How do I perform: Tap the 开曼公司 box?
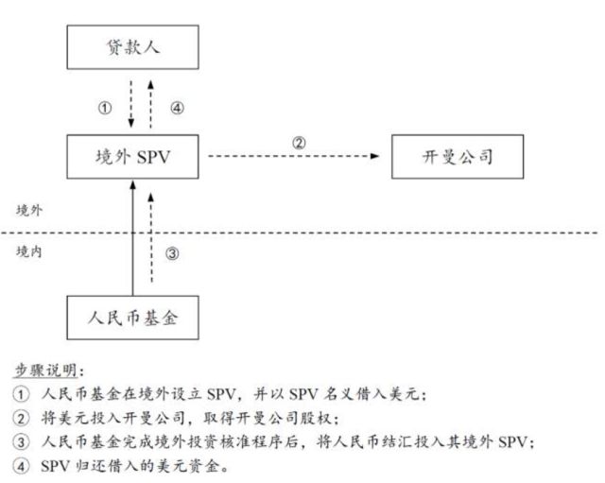point(458,155)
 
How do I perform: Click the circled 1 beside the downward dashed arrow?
point(105,108)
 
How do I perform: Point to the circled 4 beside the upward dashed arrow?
point(177,108)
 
